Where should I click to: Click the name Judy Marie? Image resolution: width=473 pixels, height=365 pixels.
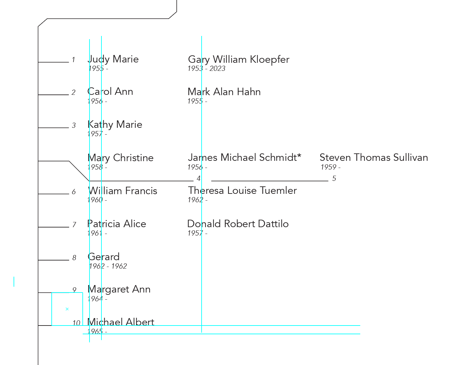(x=113, y=59)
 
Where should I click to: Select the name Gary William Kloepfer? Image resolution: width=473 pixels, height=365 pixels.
(x=238, y=60)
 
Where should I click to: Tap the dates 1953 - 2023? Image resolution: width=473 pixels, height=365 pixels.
(x=206, y=69)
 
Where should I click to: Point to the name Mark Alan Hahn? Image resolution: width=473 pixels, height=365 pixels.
(x=224, y=92)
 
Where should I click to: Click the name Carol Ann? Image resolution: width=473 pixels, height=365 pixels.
(x=110, y=92)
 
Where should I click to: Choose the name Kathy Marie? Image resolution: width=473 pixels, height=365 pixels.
(x=115, y=125)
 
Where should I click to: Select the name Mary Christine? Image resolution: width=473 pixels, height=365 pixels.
(x=121, y=158)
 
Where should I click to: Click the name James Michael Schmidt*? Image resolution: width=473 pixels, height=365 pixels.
(x=245, y=158)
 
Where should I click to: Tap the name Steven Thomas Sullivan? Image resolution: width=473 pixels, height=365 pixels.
(x=374, y=158)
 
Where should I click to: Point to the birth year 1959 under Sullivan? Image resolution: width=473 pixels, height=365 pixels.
(x=329, y=167)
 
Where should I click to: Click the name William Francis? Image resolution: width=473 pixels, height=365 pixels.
(x=122, y=191)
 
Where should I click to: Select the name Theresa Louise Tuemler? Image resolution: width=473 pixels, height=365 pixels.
(x=242, y=191)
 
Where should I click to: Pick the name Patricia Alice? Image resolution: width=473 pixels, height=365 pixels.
(x=117, y=224)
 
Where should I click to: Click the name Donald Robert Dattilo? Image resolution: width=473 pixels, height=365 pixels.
(x=238, y=224)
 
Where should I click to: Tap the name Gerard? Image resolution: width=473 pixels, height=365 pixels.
(x=103, y=257)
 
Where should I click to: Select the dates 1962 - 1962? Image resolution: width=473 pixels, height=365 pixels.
(x=108, y=266)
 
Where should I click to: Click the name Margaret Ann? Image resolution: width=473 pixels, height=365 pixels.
(x=119, y=289)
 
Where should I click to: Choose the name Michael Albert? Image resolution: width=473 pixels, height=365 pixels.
(x=121, y=322)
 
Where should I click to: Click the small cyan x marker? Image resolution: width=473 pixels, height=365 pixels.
(x=67, y=309)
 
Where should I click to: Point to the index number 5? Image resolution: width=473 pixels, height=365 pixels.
(x=334, y=179)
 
